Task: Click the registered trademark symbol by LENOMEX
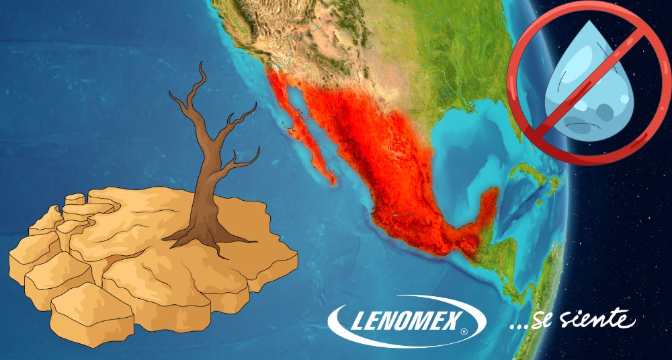click(x=465, y=332)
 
